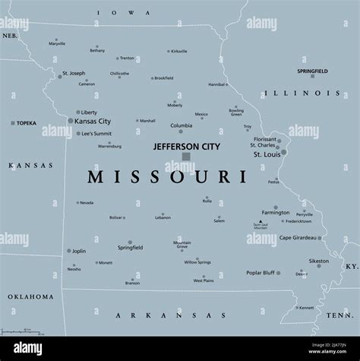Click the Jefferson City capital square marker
coord(185,157)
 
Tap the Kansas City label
coord(93,122)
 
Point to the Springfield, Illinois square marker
coord(311,76)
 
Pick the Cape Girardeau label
coord(297,238)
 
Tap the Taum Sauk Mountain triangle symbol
coord(260,222)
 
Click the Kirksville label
coord(179,52)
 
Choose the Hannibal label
coord(217,84)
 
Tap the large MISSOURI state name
coord(167,178)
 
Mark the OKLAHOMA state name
coord(31,296)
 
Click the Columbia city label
coord(181,125)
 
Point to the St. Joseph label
coord(74,74)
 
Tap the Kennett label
coord(306,308)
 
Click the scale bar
coord(23,331)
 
